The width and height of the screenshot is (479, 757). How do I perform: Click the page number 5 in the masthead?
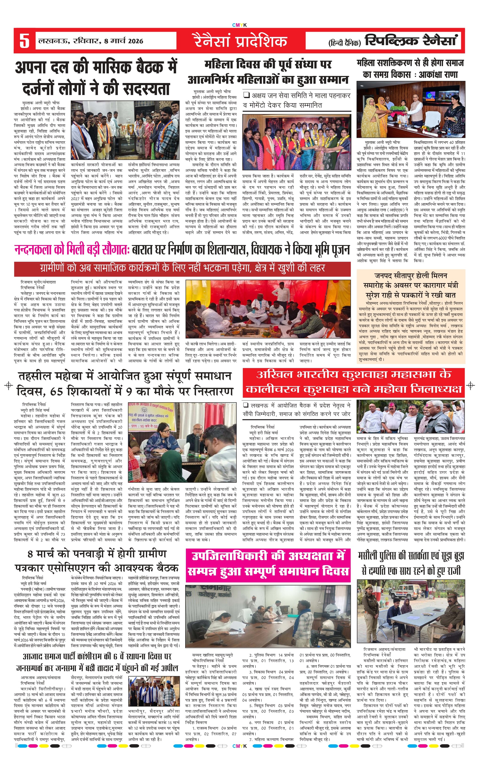tap(24, 41)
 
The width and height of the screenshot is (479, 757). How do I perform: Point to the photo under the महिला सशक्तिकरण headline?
tap(411, 110)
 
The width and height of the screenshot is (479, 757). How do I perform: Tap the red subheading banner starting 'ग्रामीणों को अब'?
tap(182, 268)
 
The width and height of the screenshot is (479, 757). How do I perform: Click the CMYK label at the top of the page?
tap(239, 25)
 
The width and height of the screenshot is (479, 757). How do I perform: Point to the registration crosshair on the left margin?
tap(9, 385)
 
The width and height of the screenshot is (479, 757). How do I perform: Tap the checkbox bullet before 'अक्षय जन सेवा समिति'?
tap(246, 95)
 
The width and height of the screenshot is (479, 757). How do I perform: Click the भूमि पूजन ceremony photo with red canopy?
tap(268, 309)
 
